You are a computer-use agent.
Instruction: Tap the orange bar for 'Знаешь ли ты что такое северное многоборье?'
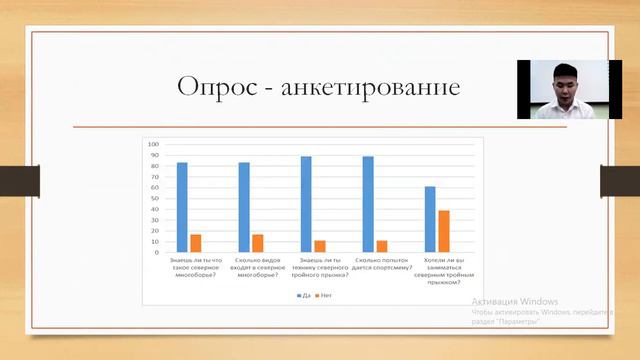point(196,243)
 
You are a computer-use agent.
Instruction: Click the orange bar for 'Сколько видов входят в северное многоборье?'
point(258,243)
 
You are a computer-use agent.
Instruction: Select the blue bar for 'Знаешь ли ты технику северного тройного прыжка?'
point(306,204)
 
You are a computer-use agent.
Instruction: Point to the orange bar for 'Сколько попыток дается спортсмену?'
point(381,246)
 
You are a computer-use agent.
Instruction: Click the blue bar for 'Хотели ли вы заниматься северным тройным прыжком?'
point(430,219)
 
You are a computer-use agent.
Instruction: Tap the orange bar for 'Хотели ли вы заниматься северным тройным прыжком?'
point(444,231)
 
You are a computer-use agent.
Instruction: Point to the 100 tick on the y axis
point(154,144)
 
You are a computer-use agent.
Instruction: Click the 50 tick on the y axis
point(155,198)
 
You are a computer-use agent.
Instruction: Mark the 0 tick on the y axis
point(157,252)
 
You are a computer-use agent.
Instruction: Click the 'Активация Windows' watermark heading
point(515,301)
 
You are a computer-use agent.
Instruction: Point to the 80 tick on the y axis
point(155,166)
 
